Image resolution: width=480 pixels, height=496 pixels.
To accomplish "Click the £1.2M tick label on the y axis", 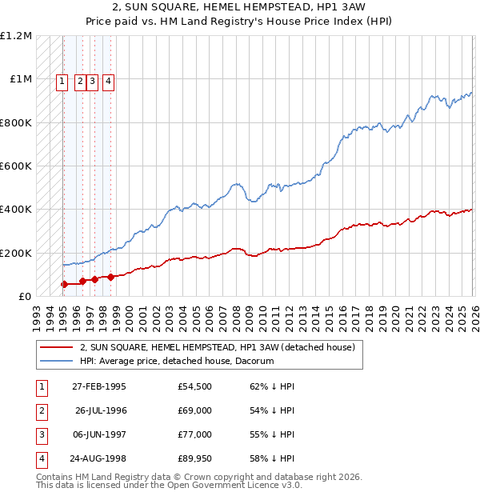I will click(x=16, y=36).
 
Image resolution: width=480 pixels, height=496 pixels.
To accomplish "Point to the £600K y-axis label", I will click(x=16, y=166).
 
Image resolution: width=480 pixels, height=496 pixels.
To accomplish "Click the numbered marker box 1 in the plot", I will click(x=62, y=80).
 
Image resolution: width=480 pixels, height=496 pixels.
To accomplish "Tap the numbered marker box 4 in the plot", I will click(x=108, y=80).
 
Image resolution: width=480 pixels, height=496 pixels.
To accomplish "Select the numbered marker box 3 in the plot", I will click(x=93, y=80).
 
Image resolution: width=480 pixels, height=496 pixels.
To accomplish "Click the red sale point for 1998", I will click(x=110, y=277).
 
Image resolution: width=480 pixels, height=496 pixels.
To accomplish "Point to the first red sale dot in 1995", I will click(x=65, y=284).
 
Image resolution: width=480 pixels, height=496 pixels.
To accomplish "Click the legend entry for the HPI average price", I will click(x=177, y=362).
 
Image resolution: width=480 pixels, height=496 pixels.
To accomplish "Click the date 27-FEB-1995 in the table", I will click(x=98, y=386).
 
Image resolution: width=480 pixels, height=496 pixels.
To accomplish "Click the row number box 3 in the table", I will click(x=41, y=434).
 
